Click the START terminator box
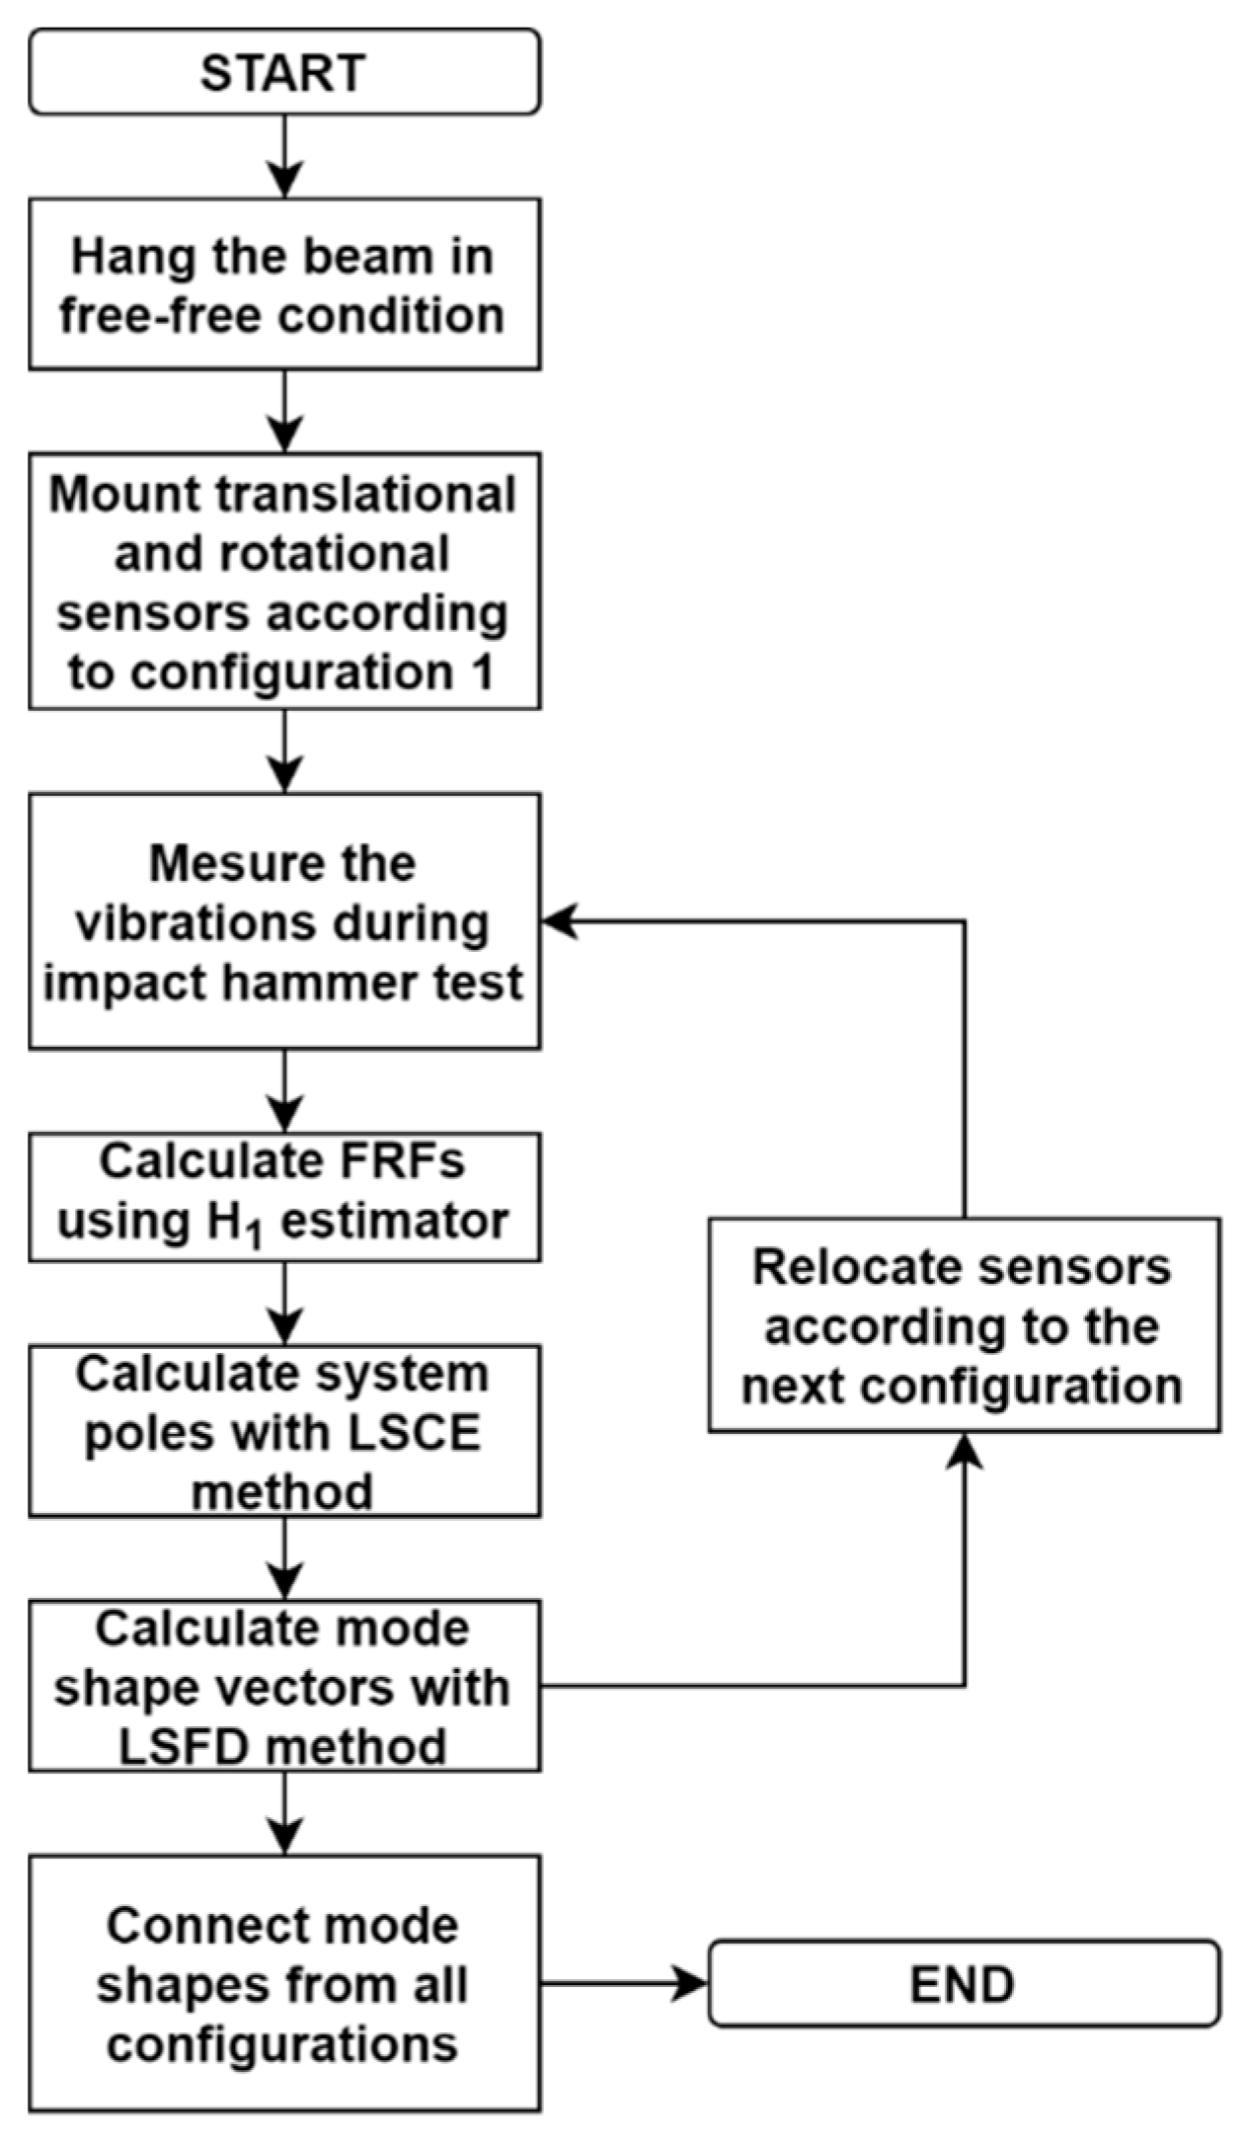pos(284,72)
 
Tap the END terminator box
pos(963,1984)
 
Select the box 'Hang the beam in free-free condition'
pos(284,284)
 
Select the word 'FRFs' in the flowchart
pos(412,1161)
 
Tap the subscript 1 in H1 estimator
pos(255,1234)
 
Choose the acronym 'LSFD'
pos(182,1748)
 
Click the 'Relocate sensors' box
pos(964,1325)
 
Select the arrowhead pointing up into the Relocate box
pos(965,1450)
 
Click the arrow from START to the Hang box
pos(284,156)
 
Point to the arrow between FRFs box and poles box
pos(284,1304)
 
